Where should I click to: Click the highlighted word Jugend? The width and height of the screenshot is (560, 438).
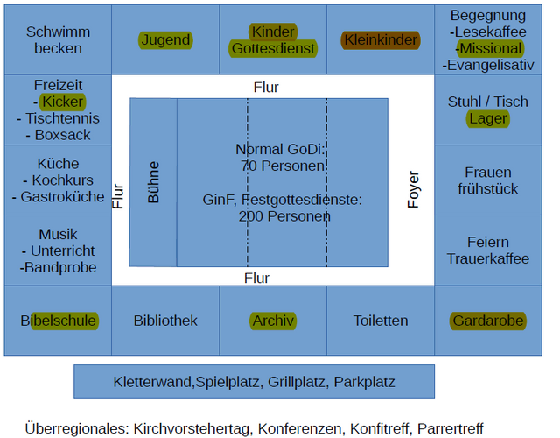pos(165,40)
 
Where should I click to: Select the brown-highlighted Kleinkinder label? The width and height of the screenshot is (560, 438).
pos(381,40)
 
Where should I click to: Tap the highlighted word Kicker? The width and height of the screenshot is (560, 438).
pos(62,102)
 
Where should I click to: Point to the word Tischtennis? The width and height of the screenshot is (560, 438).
pos(62,118)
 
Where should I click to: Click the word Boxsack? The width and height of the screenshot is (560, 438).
pos(62,135)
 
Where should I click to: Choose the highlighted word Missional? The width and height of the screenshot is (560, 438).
pos(491,49)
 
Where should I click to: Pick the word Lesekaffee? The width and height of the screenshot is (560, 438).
pos(491,32)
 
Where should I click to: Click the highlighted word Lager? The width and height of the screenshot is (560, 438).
pos(488,119)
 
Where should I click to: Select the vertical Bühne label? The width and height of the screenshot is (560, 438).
pos(154,182)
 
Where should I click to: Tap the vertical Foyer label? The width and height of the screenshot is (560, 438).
pos(413,189)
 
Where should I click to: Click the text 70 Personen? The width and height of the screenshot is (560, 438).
pos(282,166)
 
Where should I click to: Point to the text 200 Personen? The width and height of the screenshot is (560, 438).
pos(284,216)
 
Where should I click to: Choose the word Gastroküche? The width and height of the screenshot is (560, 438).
pos(62,197)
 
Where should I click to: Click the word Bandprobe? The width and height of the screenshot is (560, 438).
pos(60,267)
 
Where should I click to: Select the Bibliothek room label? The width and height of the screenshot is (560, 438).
pos(165,321)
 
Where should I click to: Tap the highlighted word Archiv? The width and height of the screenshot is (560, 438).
pos(273,321)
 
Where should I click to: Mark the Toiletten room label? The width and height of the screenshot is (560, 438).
pos(381,321)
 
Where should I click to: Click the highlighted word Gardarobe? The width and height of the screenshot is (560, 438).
pos(488,321)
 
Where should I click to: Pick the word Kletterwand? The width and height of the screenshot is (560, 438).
pos(153,382)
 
